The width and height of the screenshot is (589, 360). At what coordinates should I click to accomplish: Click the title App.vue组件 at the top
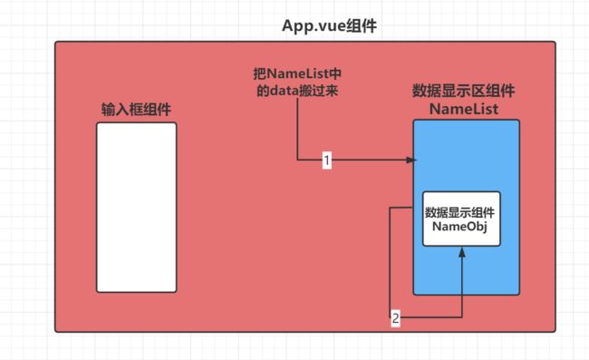pos(330,26)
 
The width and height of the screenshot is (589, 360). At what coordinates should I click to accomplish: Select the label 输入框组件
pos(137,109)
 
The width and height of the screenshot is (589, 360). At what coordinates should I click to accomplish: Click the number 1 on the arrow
pos(326,161)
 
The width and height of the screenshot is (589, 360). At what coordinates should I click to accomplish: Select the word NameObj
pos(462,228)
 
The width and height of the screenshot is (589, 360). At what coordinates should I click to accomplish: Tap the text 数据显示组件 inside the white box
pos(462,213)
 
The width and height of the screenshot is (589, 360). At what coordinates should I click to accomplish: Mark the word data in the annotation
pos(288,90)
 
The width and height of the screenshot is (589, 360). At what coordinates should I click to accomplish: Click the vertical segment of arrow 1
pos(295,131)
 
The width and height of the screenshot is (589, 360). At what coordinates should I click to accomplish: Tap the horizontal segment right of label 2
pos(431,317)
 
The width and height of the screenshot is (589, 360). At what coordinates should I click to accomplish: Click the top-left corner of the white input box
pos(98,123)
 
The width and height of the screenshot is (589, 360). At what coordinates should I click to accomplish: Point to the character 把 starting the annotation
pos(259,73)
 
